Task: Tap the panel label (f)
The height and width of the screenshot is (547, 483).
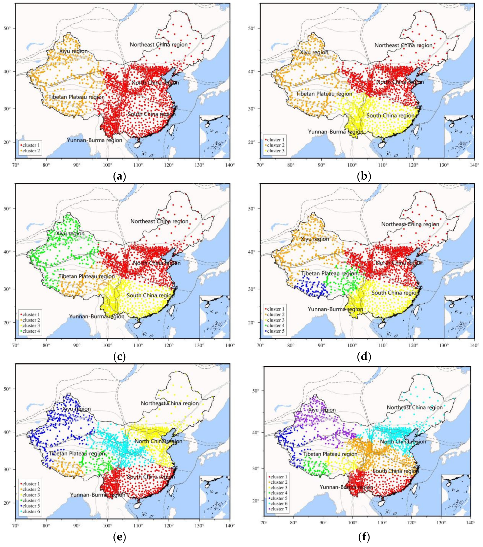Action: [364, 537]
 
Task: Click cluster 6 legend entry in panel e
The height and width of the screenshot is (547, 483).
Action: [31, 511]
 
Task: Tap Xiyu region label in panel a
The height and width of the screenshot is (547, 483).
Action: [74, 51]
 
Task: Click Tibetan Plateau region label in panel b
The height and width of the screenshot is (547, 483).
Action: [324, 94]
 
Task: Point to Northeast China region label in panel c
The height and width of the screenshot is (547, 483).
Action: [159, 221]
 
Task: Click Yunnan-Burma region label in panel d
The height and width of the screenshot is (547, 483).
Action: [335, 309]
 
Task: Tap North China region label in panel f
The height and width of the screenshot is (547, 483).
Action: [403, 442]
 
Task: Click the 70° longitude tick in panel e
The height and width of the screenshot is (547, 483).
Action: [16, 526]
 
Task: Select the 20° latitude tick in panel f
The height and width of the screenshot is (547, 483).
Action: [255, 500]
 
